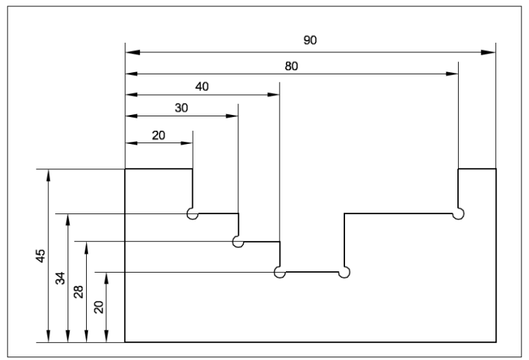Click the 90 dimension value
310,41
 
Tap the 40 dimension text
202,87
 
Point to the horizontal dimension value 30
181,108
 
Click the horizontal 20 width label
158,135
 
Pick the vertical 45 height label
41,255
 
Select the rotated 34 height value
61,278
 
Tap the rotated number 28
79,291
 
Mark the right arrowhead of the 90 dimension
490,52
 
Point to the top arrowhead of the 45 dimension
48,174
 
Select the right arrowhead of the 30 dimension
232,116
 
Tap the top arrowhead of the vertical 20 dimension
107,277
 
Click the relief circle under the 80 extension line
458,214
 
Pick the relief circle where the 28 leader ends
238,242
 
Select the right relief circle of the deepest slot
344,273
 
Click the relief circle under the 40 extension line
280,273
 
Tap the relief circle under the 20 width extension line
192,214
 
